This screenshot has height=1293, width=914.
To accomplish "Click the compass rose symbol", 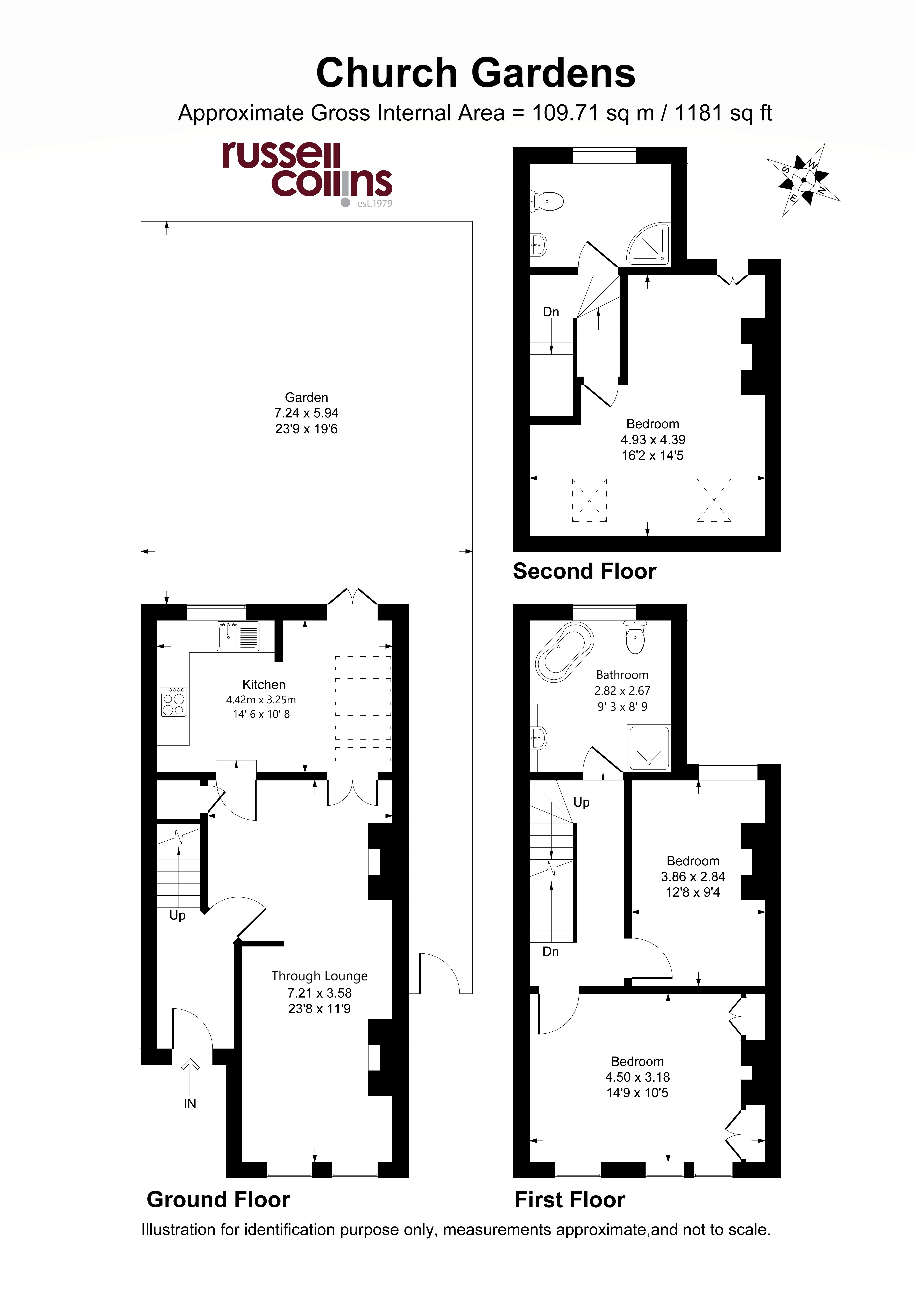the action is click(x=804, y=180).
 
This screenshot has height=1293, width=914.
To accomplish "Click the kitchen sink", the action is click(x=238, y=636).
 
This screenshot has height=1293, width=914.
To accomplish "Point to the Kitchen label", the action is click(x=264, y=685).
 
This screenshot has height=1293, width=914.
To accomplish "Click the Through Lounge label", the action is click(x=320, y=976).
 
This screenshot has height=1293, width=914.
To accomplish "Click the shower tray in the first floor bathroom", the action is click(x=649, y=748).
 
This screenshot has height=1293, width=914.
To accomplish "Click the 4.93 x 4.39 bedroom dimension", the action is click(x=653, y=440).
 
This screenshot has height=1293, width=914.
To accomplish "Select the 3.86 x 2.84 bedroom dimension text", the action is click(x=693, y=877).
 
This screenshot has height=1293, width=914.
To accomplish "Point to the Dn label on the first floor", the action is click(x=551, y=952).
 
